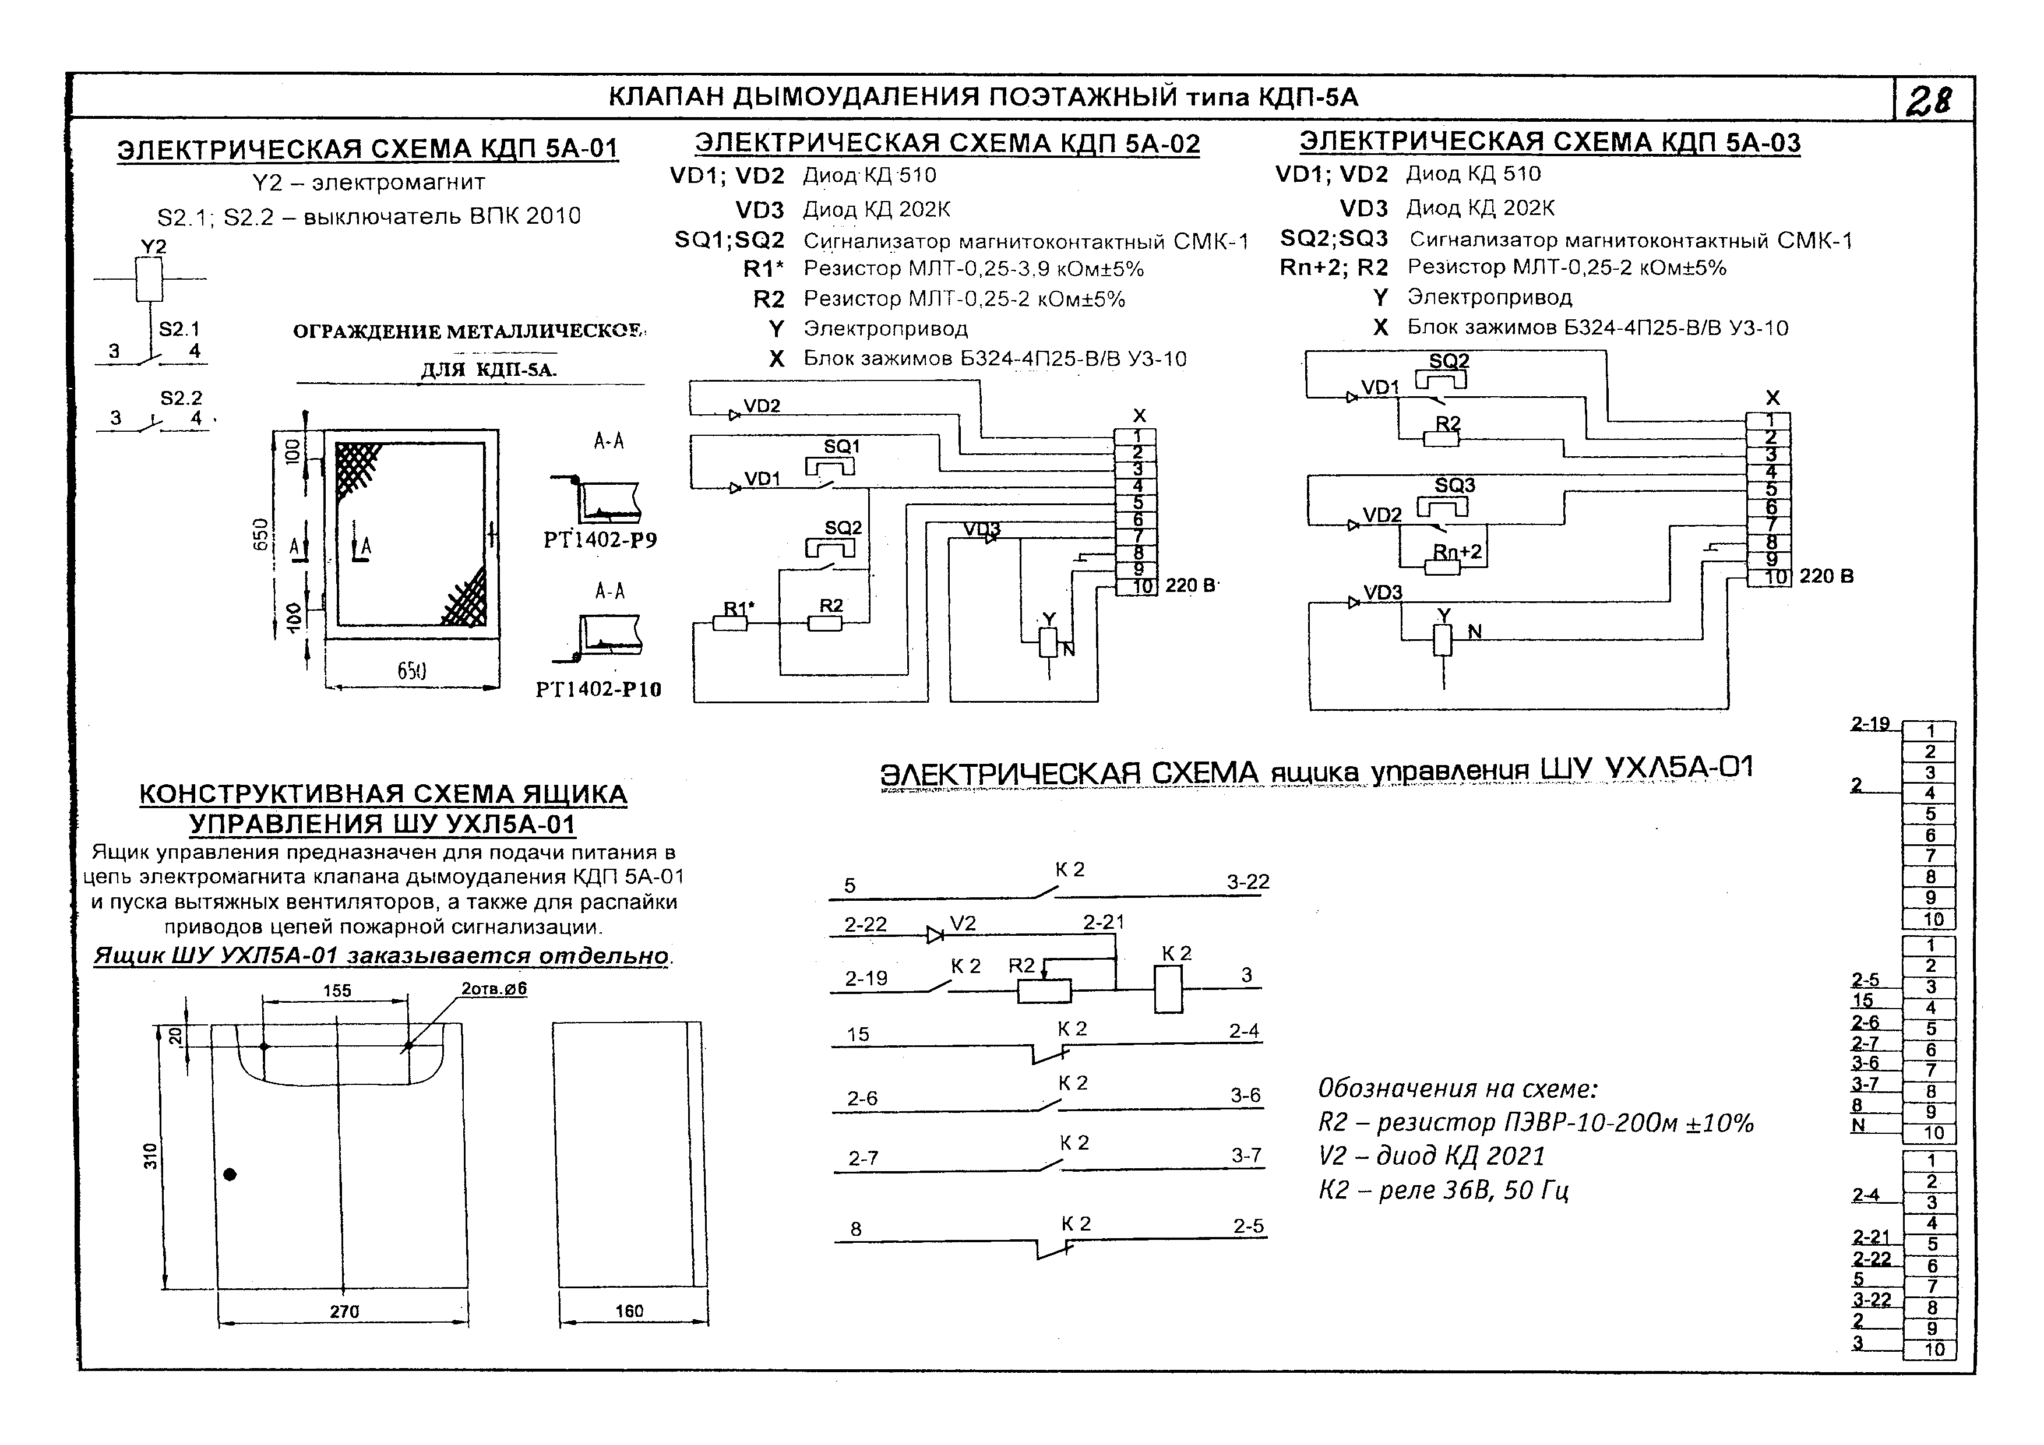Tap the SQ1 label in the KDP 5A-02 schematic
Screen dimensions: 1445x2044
point(841,446)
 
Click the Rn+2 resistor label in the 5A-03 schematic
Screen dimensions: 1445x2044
point(1457,552)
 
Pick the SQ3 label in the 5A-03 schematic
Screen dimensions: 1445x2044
point(1455,485)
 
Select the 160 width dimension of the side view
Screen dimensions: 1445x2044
point(629,1310)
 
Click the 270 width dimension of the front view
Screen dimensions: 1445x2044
point(344,1312)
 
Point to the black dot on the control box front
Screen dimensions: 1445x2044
point(230,1174)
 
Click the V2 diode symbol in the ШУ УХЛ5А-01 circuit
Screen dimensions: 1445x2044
point(935,935)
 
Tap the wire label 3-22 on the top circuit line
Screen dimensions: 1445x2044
point(1247,882)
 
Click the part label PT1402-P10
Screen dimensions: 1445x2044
point(598,689)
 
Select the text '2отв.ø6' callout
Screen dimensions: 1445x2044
point(494,988)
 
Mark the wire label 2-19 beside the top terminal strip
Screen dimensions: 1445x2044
point(1870,724)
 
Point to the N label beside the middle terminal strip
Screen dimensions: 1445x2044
point(1858,1125)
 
